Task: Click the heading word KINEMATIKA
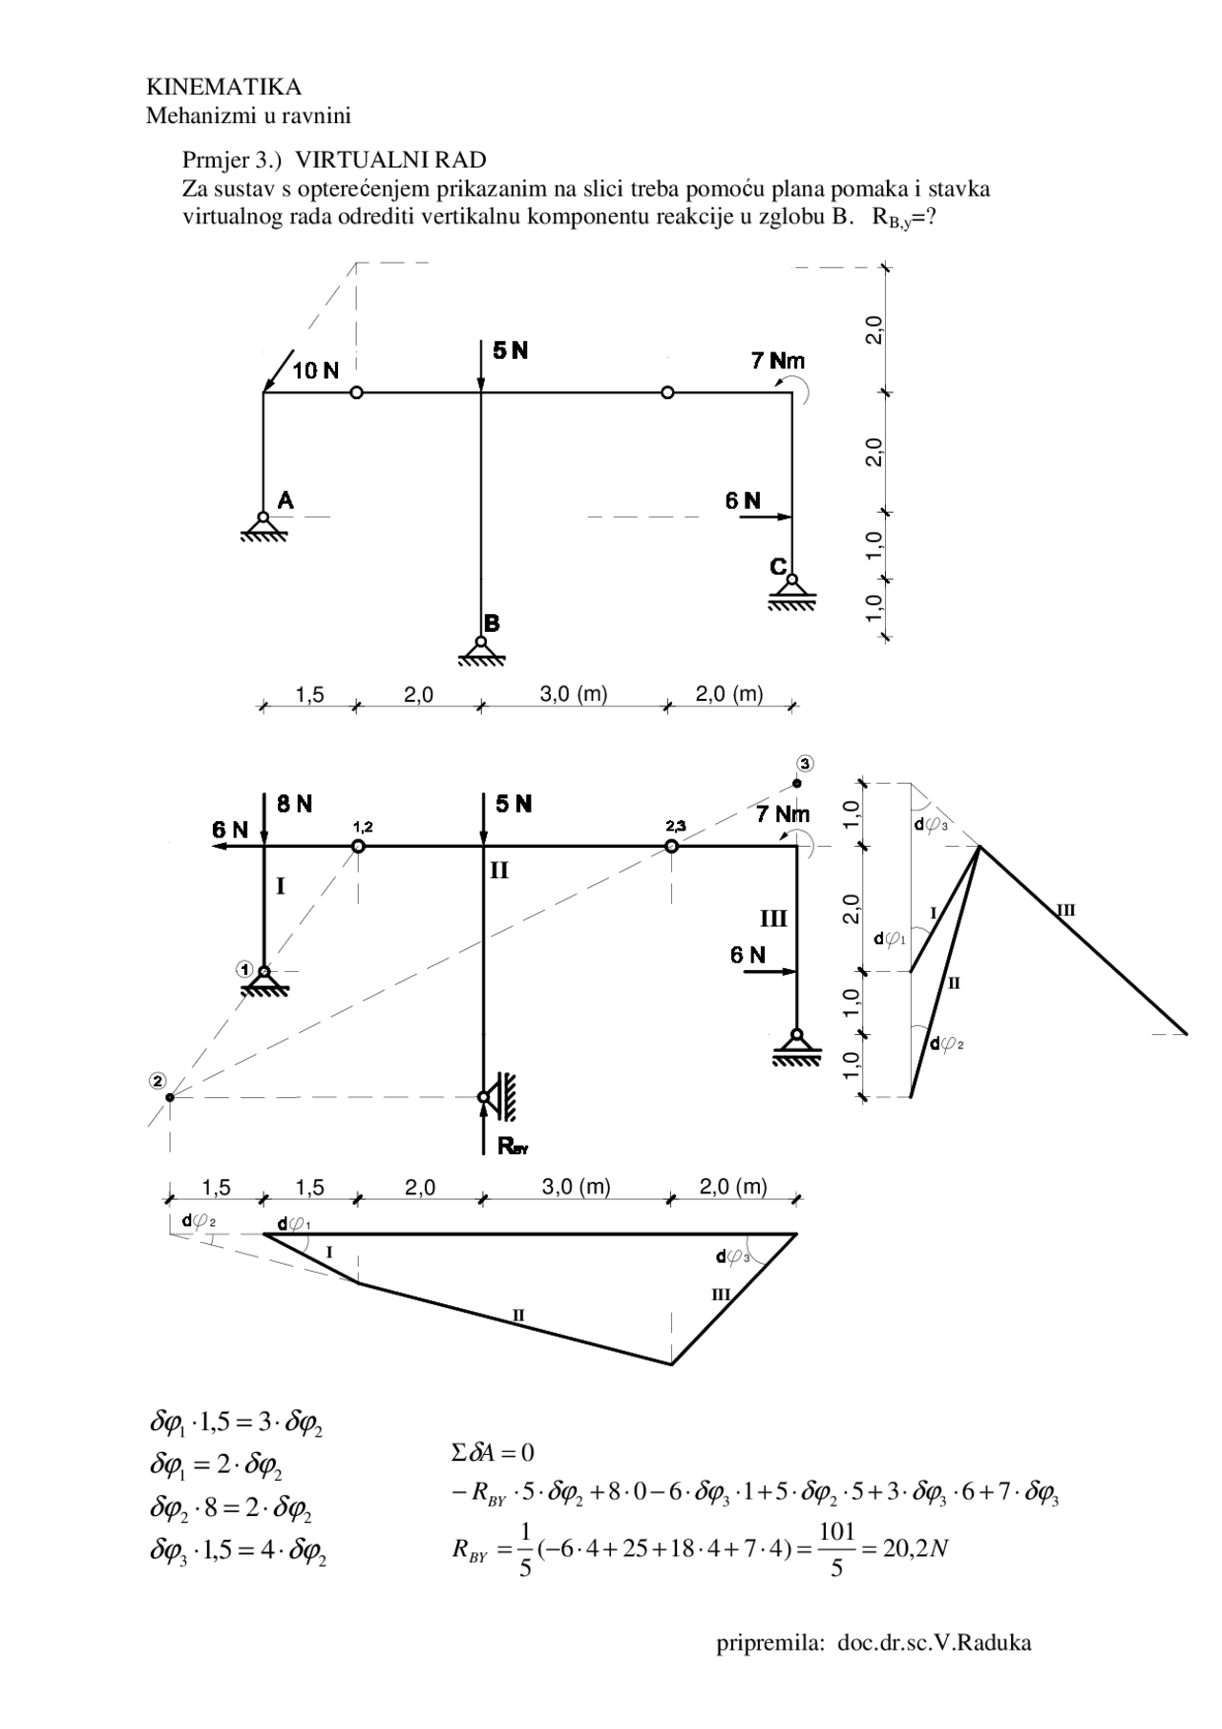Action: coord(223,88)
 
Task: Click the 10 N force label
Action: coord(315,371)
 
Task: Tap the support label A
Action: coord(285,499)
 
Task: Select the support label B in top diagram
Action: coord(492,623)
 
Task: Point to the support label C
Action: coord(778,567)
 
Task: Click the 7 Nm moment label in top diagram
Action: coord(777,361)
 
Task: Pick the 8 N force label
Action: coord(295,804)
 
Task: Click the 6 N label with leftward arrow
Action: coord(230,830)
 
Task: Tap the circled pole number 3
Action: coord(806,763)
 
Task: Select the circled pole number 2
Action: coord(158,1080)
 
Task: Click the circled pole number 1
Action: coord(245,969)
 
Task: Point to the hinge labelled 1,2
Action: coord(358,846)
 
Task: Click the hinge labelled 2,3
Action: coord(671,846)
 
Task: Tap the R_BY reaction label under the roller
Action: coord(513,1147)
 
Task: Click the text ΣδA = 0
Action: coord(493,1453)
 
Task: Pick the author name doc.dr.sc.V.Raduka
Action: coord(935,1643)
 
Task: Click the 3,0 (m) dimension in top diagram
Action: coord(574,694)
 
